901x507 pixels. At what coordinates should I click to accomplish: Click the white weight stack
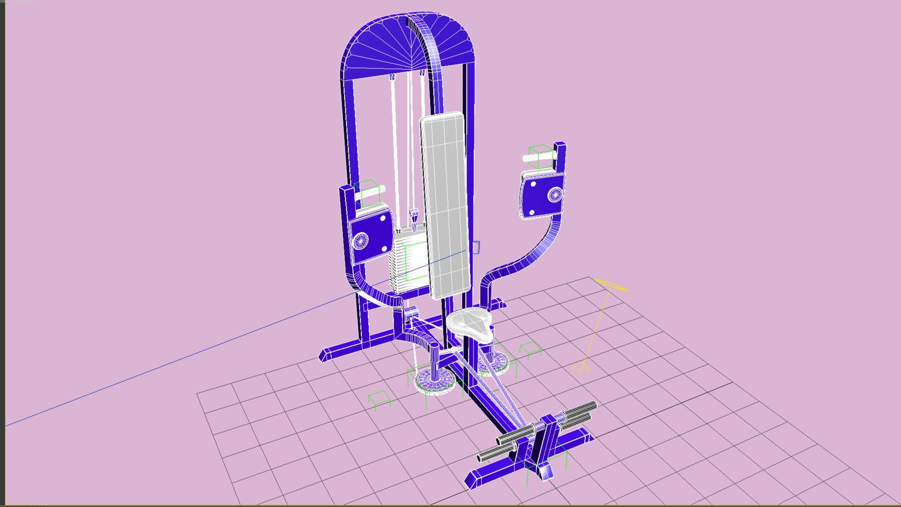click(x=407, y=263)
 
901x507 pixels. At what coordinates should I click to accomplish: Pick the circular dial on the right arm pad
click(x=555, y=194)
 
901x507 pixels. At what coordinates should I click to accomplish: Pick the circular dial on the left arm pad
click(x=360, y=240)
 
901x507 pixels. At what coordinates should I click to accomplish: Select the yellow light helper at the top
click(x=610, y=285)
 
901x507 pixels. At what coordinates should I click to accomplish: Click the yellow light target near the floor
click(x=581, y=369)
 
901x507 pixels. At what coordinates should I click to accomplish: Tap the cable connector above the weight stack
click(x=413, y=216)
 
